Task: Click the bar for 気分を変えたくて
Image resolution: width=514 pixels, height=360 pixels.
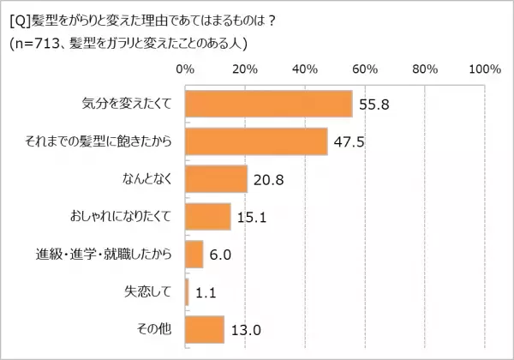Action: tap(268, 104)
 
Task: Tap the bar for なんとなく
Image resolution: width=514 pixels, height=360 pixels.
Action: tap(216, 178)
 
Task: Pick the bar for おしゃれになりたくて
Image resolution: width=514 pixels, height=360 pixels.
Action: tap(207, 216)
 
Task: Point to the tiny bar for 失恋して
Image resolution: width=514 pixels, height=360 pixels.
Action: tap(187, 291)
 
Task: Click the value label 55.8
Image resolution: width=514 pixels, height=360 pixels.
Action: tap(374, 105)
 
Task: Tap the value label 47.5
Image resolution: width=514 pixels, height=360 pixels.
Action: tap(350, 142)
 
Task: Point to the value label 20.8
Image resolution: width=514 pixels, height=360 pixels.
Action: tap(269, 179)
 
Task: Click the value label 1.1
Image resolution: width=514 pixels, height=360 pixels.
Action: tap(206, 292)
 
